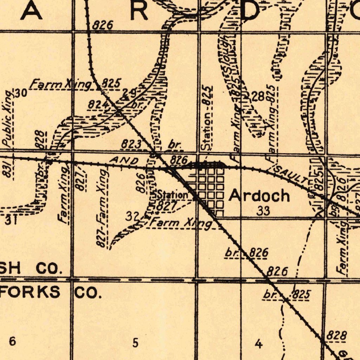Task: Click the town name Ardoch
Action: pyautogui.click(x=259, y=196)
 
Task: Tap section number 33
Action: pyautogui.click(x=263, y=211)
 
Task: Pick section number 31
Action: pyautogui.click(x=11, y=220)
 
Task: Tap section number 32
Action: pyautogui.click(x=132, y=216)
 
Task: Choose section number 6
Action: pyautogui.click(x=12, y=341)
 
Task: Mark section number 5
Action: pyautogui.click(x=135, y=342)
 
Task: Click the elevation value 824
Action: pyautogui.click(x=95, y=105)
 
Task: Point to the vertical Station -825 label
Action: pyautogui.click(x=207, y=118)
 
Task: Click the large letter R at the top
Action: pyautogui.click(x=139, y=12)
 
